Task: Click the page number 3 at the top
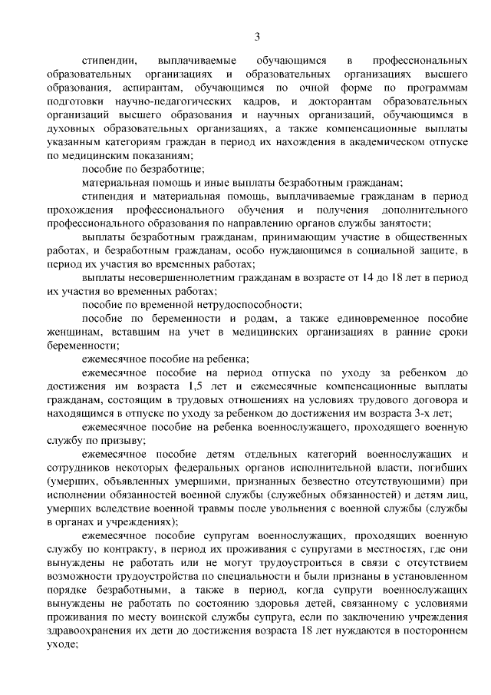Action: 258,35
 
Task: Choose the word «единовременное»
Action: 371,319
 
